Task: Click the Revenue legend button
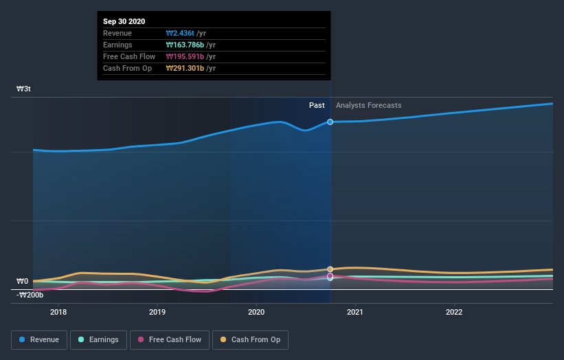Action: [x=40, y=339]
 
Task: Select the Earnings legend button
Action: [x=100, y=339]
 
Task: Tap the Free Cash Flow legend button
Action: [x=170, y=339]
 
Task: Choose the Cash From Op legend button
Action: [x=250, y=339]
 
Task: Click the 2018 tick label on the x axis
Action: [x=58, y=311]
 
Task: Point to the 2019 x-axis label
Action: [x=157, y=311]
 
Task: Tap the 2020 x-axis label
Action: [x=256, y=311]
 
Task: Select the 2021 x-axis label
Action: [x=355, y=311]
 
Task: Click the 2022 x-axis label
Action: [x=454, y=311]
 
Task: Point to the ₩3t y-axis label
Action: [x=24, y=89]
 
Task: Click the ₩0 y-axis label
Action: [x=23, y=281]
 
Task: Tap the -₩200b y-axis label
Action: [x=30, y=295]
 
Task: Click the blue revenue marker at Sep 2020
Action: [x=330, y=122]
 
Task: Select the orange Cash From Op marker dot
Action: [x=330, y=269]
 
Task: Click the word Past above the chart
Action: [x=317, y=105]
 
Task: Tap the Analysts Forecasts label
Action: [x=369, y=105]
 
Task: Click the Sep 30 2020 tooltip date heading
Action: [x=124, y=21]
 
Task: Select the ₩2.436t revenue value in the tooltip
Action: [x=180, y=33]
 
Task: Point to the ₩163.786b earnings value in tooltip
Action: [x=185, y=45]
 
